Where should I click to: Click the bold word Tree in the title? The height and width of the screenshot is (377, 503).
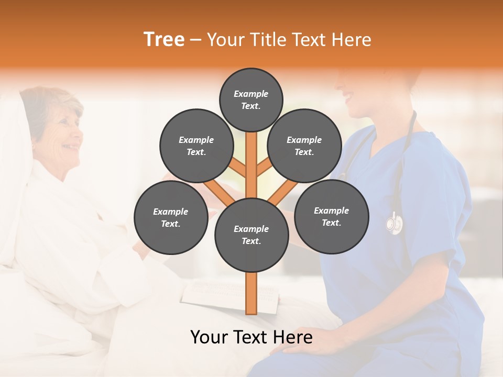click(164, 40)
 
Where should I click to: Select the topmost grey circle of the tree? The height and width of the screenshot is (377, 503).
click(251, 99)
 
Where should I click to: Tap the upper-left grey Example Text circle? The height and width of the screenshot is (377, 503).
click(196, 146)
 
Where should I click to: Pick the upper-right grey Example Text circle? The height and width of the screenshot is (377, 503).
click(304, 146)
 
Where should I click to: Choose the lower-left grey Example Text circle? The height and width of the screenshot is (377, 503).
click(170, 217)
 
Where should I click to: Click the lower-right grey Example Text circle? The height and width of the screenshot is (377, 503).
click(332, 216)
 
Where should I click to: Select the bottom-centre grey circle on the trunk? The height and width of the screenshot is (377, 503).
click(251, 235)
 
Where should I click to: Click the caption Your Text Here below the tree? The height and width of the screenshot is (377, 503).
click(251, 337)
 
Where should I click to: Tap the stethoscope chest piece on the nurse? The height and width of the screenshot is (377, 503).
click(394, 224)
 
